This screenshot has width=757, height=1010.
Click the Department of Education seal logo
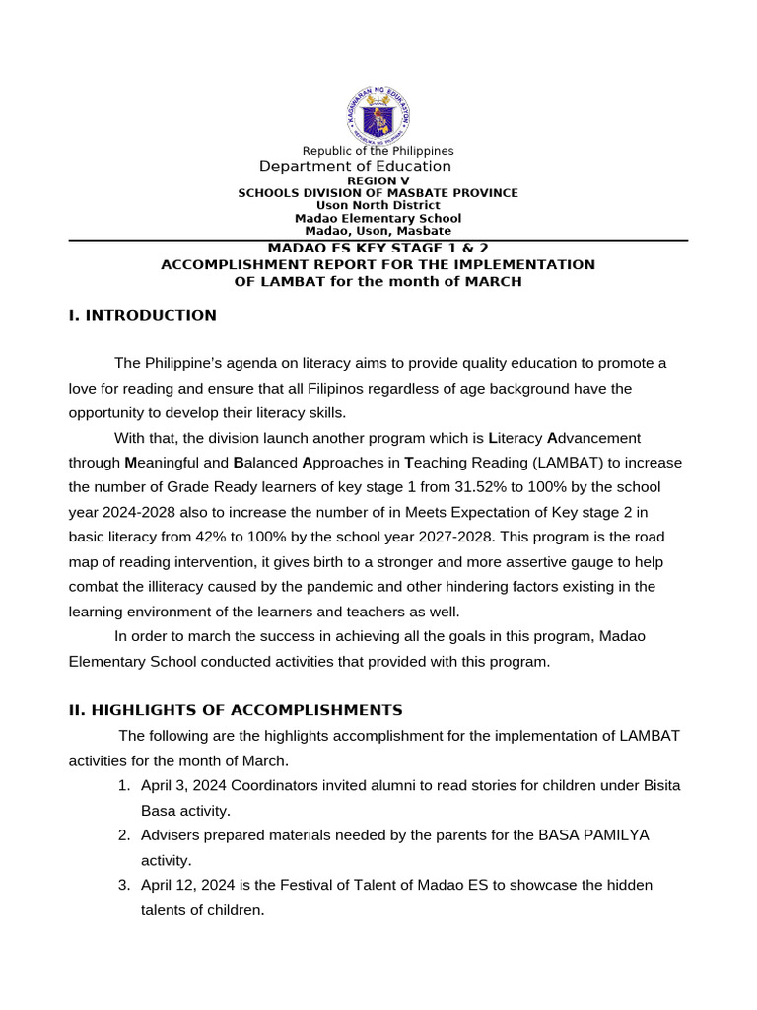pos(378,115)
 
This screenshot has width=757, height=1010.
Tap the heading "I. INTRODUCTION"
pos(142,316)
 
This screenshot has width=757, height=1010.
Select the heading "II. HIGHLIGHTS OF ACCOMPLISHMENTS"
pos(236,710)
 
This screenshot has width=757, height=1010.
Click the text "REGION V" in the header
pos(378,181)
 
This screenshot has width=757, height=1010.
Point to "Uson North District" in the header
pos(378,206)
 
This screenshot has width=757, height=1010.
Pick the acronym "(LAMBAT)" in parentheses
pos(559,463)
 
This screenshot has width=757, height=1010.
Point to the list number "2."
pos(124,835)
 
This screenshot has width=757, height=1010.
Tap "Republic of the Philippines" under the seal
pos(378,151)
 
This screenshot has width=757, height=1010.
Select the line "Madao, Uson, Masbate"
pos(378,231)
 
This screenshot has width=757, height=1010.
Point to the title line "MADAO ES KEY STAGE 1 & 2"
pos(378,249)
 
